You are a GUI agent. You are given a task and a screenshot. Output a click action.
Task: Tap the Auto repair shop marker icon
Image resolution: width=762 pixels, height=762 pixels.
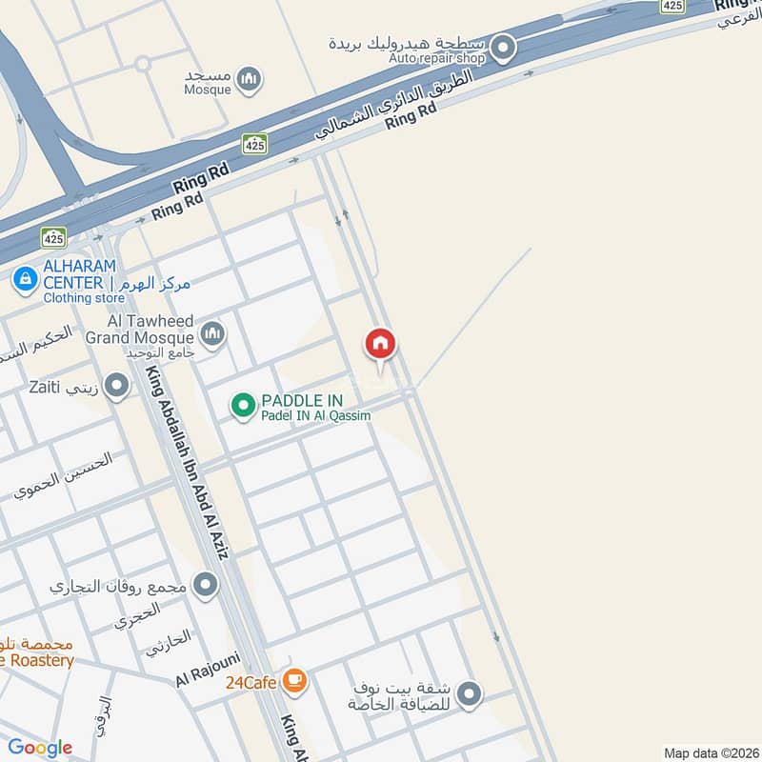tap(503, 47)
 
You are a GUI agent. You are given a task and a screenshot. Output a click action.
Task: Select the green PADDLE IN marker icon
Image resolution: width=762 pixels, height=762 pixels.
tap(244, 407)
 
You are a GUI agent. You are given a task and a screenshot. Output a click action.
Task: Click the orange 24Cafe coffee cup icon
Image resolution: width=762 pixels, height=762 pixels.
tap(296, 680)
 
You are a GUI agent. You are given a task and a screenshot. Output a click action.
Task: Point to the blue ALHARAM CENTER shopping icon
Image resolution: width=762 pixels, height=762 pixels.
tap(25, 279)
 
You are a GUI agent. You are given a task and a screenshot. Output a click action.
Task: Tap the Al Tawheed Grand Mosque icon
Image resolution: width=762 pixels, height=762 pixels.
tap(211, 333)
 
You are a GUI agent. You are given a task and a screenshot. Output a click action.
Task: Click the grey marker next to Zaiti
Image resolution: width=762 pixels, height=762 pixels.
tap(117, 387)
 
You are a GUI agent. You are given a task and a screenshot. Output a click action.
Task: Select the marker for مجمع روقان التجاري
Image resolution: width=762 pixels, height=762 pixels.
tap(206, 585)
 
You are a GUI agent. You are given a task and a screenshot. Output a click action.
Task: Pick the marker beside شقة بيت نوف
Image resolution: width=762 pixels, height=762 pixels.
tap(468, 695)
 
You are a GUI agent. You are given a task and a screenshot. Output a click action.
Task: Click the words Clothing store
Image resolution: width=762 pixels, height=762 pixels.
tap(83, 298)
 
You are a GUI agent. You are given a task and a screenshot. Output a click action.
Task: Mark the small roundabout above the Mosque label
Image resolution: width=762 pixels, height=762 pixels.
tap(143, 64)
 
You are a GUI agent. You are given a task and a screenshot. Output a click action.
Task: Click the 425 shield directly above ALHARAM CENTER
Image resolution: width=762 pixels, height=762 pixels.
tap(53, 235)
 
